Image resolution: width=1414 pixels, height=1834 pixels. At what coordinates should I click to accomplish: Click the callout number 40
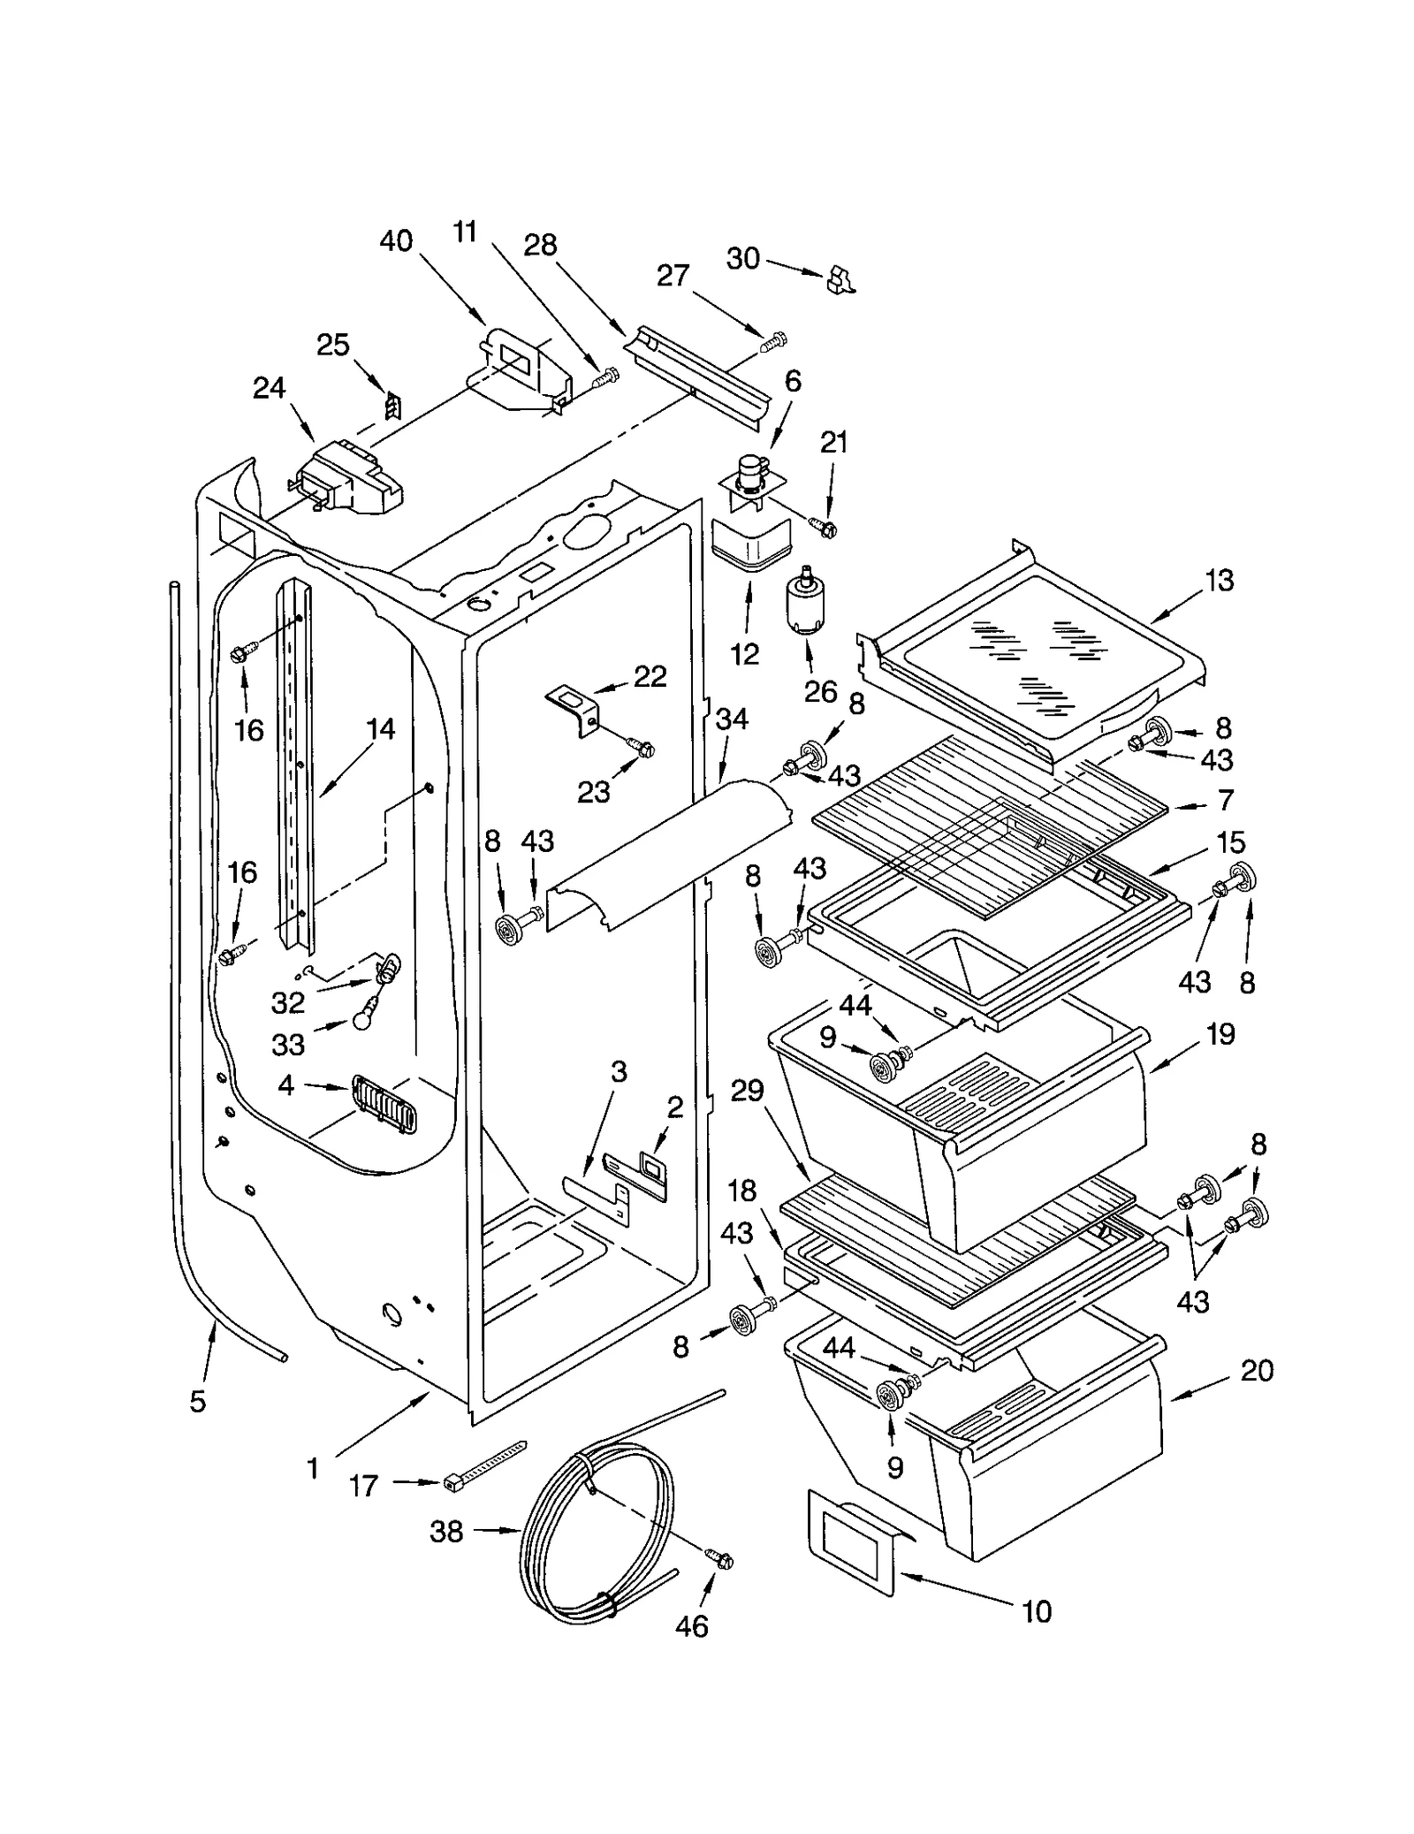point(395,240)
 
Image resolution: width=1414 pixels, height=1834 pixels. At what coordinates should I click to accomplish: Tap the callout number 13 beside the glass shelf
point(1219,581)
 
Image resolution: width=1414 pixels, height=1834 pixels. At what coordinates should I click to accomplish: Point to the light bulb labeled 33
point(364,1019)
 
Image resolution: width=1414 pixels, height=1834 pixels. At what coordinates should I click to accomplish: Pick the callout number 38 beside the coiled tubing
point(446,1532)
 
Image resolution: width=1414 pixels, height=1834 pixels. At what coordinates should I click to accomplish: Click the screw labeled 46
point(720,1560)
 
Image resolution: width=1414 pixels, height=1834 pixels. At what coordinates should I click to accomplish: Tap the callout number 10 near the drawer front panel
point(1037,1611)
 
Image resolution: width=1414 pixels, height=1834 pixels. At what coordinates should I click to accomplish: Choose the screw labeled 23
point(642,748)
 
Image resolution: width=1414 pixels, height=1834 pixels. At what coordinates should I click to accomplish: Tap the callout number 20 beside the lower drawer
point(1257,1371)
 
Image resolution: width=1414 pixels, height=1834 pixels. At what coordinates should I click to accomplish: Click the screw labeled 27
point(774,339)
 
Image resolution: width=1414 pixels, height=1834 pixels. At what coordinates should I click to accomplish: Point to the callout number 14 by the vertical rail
point(381,729)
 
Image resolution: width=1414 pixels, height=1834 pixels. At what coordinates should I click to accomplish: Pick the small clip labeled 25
point(392,407)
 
